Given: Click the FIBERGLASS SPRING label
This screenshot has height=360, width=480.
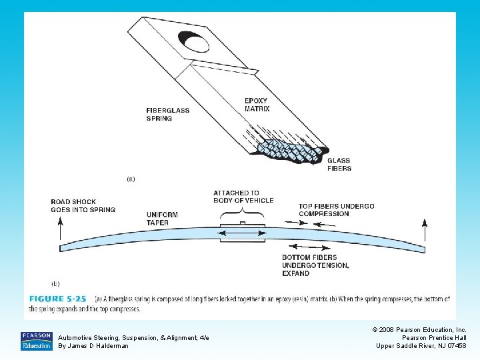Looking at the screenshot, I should tap(168, 114).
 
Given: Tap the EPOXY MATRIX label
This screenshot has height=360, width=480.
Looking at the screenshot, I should tap(257, 105).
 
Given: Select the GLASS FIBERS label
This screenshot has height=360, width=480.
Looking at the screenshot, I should tap(339, 164).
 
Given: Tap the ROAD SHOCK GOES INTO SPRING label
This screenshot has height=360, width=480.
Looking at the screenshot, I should tap(83, 205).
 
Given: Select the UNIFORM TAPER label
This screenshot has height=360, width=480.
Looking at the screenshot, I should tap(162, 218).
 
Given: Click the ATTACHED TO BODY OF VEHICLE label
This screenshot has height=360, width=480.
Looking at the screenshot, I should tap(243, 196).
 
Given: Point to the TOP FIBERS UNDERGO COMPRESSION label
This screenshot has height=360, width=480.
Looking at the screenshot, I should tap(336, 210).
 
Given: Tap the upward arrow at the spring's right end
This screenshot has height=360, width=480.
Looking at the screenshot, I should tap(424, 233).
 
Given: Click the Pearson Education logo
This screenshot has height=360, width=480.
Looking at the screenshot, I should tap(37, 341).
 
